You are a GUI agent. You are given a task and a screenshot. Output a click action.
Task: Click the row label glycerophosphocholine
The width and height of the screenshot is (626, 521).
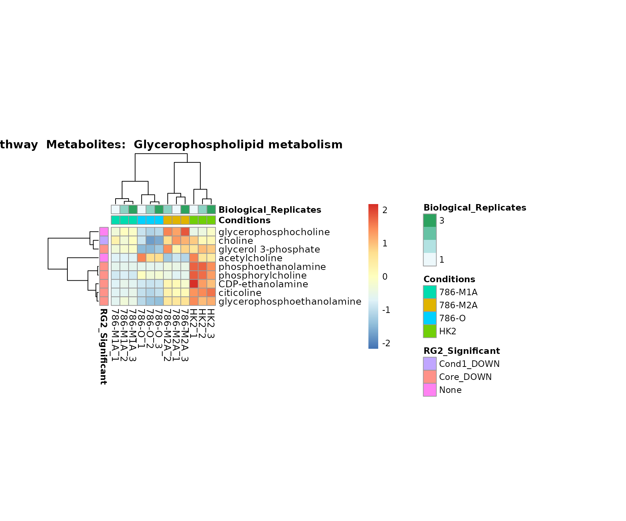click(x=274, y=232)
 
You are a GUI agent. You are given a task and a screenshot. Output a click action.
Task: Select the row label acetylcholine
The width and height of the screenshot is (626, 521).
click(x=250, y=258)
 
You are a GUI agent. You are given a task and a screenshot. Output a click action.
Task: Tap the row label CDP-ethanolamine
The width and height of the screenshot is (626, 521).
click(x=263, y=284)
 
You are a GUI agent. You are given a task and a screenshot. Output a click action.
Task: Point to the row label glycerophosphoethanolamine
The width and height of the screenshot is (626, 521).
click(x=290, y=301)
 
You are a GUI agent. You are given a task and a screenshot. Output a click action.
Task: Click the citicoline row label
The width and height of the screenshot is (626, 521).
click(x=240, y=293)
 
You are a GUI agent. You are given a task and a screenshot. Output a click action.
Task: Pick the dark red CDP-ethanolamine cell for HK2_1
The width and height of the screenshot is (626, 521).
click(x=194, y=284)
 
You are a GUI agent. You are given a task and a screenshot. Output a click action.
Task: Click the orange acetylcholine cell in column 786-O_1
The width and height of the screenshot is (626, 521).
click(x=142, y=258)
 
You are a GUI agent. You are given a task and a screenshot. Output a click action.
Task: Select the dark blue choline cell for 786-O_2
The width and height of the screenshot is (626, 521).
click(x=150, y=241)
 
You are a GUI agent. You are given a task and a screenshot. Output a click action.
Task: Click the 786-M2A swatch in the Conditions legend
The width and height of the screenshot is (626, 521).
click(x=430, y=305)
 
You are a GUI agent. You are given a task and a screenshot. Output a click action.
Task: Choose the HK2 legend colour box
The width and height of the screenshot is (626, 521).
click(x=430, y=331)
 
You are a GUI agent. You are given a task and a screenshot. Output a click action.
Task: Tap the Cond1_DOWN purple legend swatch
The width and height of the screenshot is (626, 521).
click(x=430, y=364)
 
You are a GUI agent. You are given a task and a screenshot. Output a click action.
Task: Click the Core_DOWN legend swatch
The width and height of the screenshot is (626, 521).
click(x=430, y=377)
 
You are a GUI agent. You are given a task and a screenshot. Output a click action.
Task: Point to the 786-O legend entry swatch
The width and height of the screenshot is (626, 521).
click(x=430, y=318)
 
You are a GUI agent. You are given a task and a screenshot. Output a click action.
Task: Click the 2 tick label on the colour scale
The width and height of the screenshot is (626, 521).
click(x=385, y=210)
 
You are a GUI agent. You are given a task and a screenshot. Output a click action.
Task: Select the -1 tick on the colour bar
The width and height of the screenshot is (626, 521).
click(x=386, y=310)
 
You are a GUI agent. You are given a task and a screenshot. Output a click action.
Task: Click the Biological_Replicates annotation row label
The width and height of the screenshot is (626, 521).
click(x=270, y=210)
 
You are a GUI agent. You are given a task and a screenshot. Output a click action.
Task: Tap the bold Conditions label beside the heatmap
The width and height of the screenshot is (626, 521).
click(x=245, y=220)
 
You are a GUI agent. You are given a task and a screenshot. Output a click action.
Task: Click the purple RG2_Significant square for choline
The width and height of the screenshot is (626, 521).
click(x=104, y=241)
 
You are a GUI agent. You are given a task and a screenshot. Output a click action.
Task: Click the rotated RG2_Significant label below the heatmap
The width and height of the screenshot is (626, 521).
click(x=104, y=346)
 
